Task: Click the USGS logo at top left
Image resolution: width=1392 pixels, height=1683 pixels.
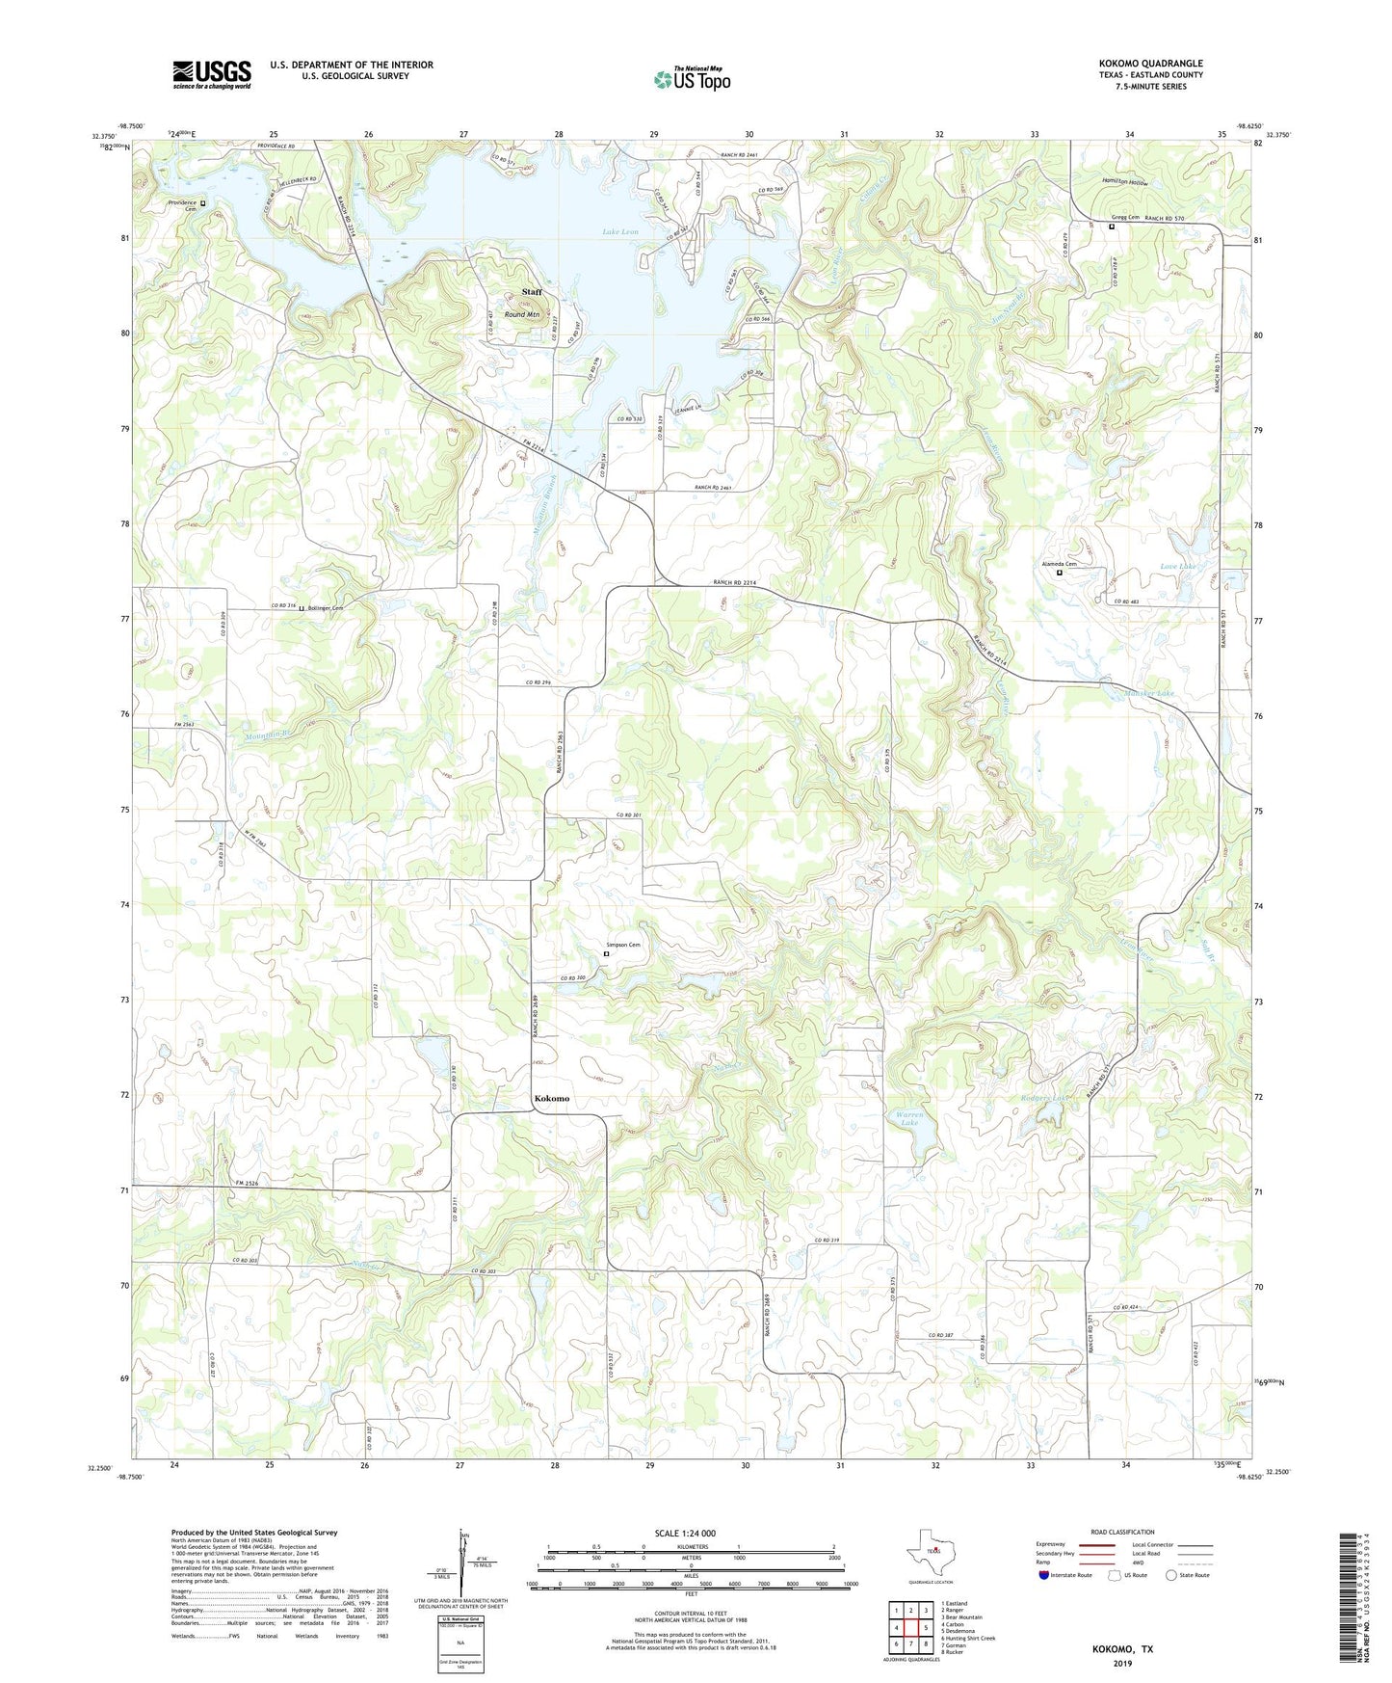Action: pyautogui.click(x=211, y=74)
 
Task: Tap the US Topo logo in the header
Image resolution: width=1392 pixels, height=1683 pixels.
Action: pyautogui.click(x=691, y=79)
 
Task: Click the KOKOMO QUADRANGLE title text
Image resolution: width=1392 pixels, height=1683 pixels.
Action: pyautogui.click(x=1150, y=64)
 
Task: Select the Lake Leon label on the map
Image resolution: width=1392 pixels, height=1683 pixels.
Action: pyautogui.click(x=620, y=232)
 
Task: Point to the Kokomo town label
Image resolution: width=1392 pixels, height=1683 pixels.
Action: pyautogui.click(x=552, y=1099)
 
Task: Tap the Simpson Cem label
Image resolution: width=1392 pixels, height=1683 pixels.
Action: pyautogui.click(x=622, y=945)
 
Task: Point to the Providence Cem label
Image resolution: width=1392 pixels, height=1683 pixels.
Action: pyautogui.click(x=183, y=205)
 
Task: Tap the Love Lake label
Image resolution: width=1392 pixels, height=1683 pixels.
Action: pyautogui.click(x=1178, y=567)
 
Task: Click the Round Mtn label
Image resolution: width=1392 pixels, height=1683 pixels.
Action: pyautogui.click(x=521, y=314)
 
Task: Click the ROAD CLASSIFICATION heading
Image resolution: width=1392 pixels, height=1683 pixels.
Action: pyautogui.click(x=1122, y=1532)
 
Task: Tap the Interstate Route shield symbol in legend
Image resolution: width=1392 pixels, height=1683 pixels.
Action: pyautogui.click(x=1045, y=1575)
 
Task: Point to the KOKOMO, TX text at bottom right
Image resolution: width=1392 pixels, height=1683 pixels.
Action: pyautogui.click(x=1121, y=1649)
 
